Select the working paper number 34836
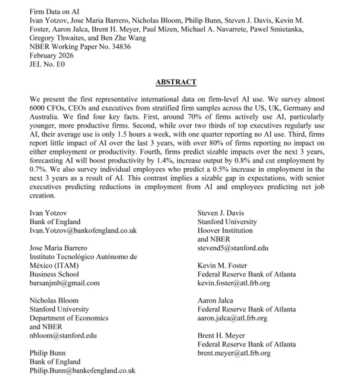117,48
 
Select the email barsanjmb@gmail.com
65,283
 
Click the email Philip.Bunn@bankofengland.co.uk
83,370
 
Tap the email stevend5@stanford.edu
233,247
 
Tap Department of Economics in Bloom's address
69,318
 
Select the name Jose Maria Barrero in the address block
63,247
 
